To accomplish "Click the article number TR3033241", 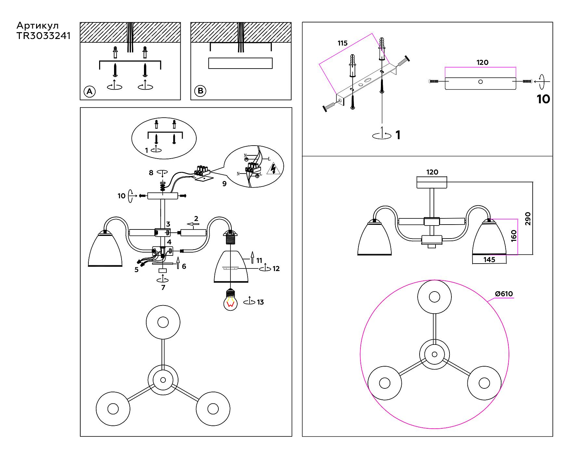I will [44, 36].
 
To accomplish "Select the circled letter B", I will [200, 91].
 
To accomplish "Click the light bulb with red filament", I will [230, 301].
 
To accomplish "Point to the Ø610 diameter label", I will [504, 294].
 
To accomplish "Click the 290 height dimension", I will [527, 218].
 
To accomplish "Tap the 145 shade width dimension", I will [489, 259].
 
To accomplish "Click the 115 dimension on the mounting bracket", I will [343, 43].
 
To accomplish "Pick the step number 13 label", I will [260, 302].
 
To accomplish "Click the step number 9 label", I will [224, 184].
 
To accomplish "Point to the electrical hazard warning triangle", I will [274, 169].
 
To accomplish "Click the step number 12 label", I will [276, 269].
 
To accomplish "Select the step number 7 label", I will [163, 287].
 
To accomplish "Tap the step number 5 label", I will [136, 270].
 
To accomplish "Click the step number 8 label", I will [151, 173].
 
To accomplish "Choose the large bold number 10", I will [543, 99].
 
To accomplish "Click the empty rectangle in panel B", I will [240, 63].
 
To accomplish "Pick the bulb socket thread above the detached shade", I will [230, 242].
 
